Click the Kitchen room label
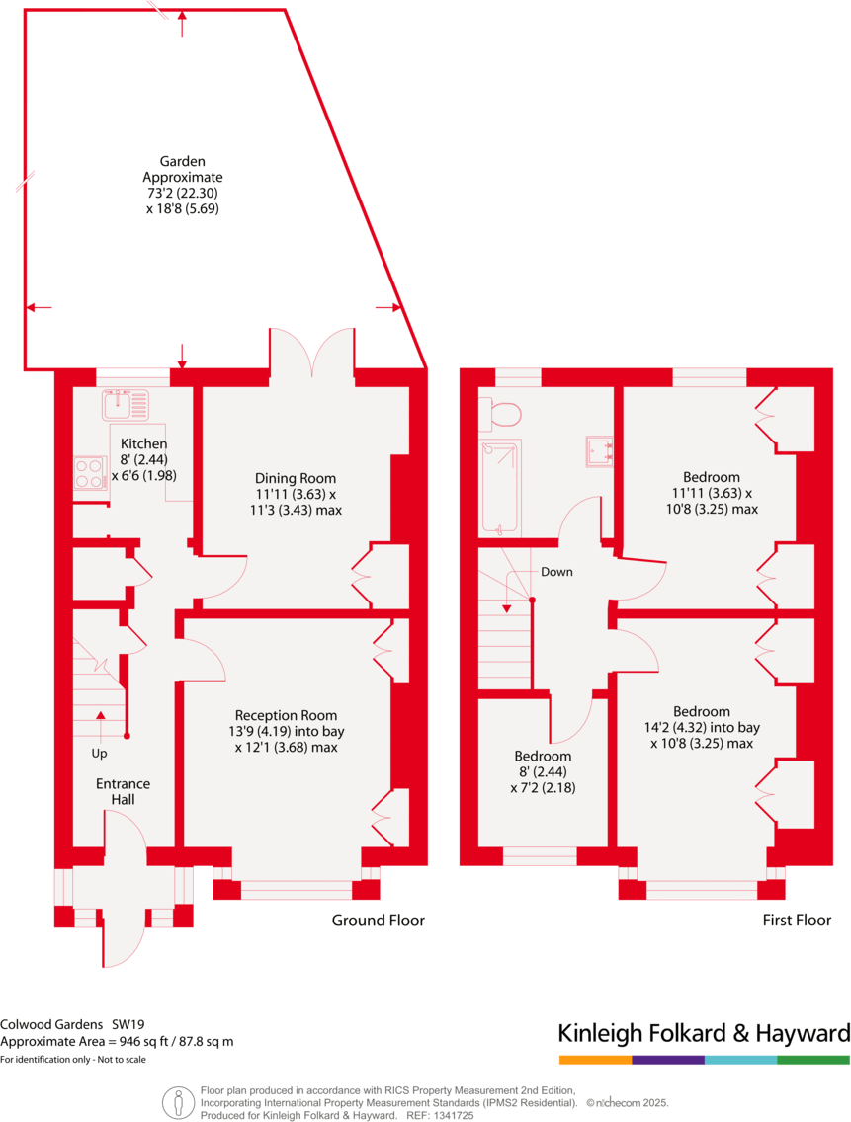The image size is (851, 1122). pyautogui.click(x=143, y=444)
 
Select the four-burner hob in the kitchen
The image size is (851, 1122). pyautogui.click(x=90, y=472)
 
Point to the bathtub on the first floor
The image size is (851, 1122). pyautogui.click(x=499, y=488)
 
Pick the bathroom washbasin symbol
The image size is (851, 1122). pyautogui.click(x=601, y=450)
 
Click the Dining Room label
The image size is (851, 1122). pyautogui.click(x=296, y=478)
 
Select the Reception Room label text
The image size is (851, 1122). pyautogui.click(x=286, y=715)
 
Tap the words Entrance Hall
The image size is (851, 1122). pyautogui.click(x=123, y=791)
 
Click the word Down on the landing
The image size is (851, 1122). pyautogui.click(x=555, y=572)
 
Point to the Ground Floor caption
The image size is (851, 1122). pyautogui.click(x=378, y=921)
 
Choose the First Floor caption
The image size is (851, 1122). pyautogui.click(x=796, y=921)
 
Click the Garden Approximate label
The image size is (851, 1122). pyautogui.click(x=183, y=169)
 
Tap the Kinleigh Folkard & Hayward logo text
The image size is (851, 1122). pyautogui.click(x=704, y=1034)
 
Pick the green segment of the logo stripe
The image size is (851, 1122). pyautogui.click(x=812, y=1060)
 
